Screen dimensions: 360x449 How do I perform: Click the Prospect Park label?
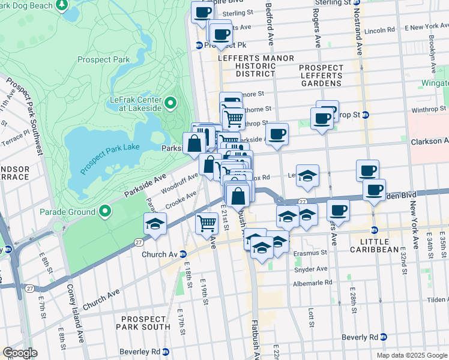[x=103, y=60]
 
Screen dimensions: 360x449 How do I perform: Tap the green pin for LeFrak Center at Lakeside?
[x=170, y=104]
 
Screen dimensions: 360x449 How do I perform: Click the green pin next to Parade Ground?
[x=105, y=211]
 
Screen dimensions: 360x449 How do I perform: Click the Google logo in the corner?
[x=20, y=353]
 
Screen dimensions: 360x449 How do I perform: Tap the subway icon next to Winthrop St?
[x=365, y=115]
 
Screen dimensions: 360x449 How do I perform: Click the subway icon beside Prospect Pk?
[x=199, y=45]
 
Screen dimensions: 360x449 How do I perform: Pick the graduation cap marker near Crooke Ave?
[x=155, y=223]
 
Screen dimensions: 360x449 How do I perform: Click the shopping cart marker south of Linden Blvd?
[x=207, y=223]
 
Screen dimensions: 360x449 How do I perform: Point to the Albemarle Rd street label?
[x=312, y=283]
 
